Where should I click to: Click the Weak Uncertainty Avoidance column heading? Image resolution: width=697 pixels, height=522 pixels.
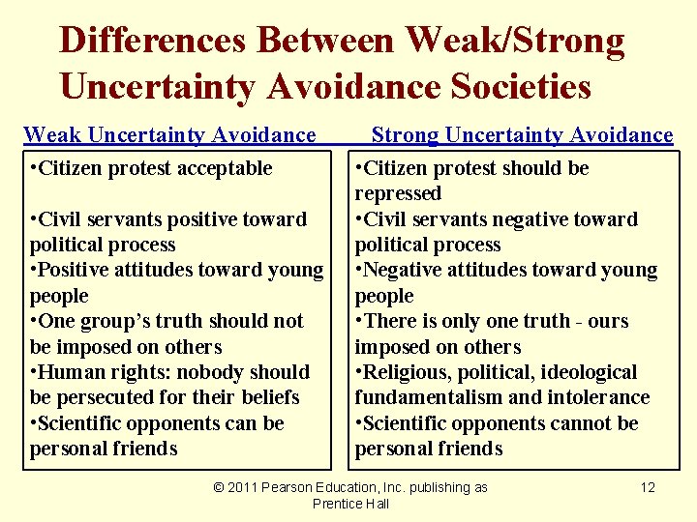pos(169,135)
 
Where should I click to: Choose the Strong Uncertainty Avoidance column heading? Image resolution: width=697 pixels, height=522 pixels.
pos(522,135)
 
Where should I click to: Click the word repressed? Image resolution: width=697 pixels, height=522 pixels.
pos(397,193)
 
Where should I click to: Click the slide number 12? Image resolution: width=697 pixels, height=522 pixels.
pos(648,487)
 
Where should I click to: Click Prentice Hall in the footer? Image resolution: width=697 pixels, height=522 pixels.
pos(350,504)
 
